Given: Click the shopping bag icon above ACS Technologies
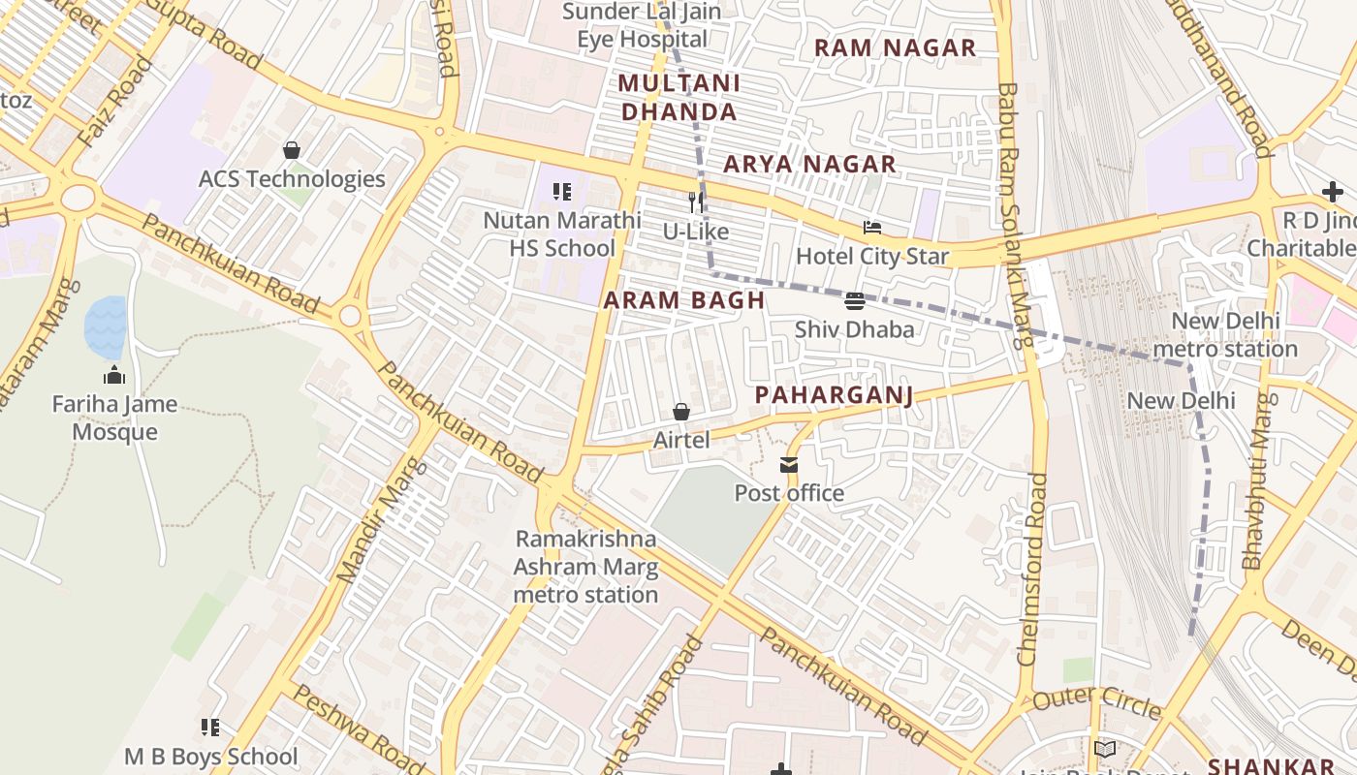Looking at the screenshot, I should click(291, 150).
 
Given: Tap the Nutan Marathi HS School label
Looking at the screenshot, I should click(562, 233).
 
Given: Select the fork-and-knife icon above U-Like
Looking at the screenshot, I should click(695, 201).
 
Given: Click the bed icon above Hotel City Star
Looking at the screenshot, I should click(872, 229).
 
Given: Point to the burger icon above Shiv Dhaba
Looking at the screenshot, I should click(854, 301).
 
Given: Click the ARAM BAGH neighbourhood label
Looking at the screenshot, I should click(684, 300).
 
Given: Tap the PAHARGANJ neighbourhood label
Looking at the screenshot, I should click(834, 394).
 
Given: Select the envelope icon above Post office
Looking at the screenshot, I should click(789, 466).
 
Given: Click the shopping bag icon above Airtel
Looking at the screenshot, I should click(681, 413).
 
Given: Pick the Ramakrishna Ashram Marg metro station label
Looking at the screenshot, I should click(585, 567).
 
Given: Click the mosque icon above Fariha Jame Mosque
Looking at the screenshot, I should click(114, 376).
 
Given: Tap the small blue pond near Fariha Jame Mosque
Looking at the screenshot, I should click(105, 326).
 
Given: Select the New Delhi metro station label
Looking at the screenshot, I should click(1225, 334).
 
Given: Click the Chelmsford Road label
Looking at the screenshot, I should click(1033, 569).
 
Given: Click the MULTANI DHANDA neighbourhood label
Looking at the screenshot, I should click(678, 97).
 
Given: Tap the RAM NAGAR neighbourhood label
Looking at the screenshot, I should click(895, 47).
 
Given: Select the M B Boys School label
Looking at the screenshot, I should click(211, 757).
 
